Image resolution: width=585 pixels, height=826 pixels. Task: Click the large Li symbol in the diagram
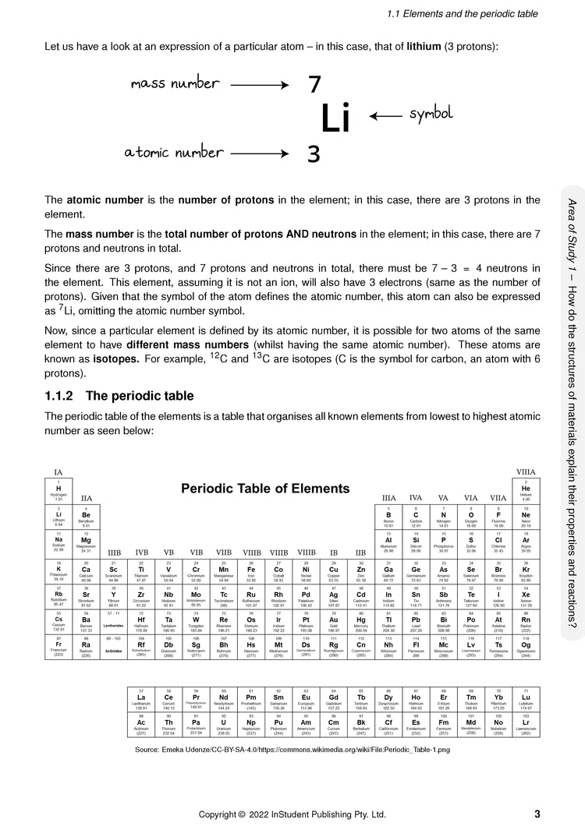(335, 119)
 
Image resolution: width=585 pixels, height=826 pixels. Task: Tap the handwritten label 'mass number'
(174, 83)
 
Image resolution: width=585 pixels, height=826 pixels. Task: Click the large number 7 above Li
(314, 84)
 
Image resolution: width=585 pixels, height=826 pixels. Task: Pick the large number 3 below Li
(314, 154)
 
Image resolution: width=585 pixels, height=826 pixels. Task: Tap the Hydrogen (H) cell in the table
(58, 490)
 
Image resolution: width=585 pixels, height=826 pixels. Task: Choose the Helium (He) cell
(526, 490)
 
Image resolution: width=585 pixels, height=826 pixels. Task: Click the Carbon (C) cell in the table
(416, 517)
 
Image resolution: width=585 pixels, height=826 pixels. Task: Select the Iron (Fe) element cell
(251, 571)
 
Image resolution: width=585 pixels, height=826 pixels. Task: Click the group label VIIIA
(526, 473)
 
